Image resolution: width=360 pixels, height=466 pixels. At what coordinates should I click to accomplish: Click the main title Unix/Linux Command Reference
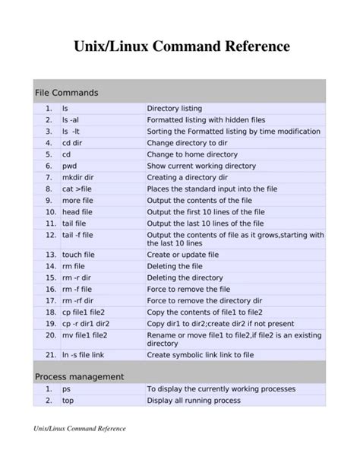click(180, 46)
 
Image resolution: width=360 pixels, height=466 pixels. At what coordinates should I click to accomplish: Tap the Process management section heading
click(80, 376)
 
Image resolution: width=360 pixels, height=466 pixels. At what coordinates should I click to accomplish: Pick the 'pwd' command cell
click(70, 165)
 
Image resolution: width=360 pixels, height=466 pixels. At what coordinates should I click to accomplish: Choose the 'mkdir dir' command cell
click(78, 177)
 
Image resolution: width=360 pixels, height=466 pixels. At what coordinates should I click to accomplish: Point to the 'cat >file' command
click(77, 189)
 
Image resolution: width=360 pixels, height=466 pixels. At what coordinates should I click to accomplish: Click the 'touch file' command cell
click(78, 255)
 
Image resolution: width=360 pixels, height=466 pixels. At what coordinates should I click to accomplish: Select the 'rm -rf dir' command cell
click(79, 300)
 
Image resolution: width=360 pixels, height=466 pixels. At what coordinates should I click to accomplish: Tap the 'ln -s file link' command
click(86, 354)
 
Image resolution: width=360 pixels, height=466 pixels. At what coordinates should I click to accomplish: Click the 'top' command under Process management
click(68, 401)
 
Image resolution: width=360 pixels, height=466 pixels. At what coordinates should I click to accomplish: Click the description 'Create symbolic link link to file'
click(211, 354)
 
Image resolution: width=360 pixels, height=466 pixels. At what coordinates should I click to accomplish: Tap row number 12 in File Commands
click(51, 236)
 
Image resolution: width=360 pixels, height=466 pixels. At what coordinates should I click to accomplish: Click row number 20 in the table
click(51, 334)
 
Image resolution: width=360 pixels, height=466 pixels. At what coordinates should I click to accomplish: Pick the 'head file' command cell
click(78, 212)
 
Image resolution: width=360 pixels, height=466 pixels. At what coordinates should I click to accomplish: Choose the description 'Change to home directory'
click(192, 154)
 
